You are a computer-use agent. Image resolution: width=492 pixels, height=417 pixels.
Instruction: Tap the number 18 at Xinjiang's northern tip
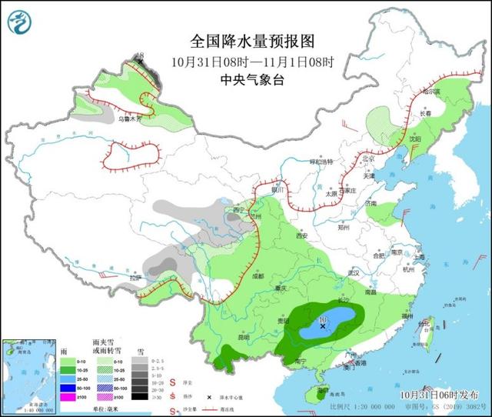coord(139,56)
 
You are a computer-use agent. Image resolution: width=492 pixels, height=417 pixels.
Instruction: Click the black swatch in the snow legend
coord(139,397)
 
